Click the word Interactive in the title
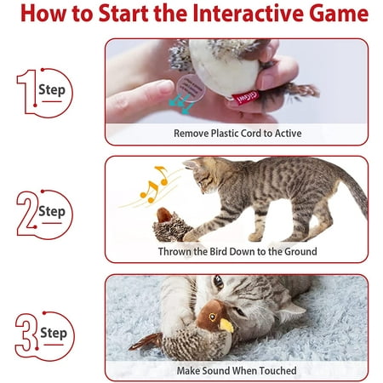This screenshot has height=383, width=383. coord(247,13)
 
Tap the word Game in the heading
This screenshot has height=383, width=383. coord(339,13)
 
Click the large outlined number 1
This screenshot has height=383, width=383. coord(28,91)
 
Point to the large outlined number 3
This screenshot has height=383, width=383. coord(26,333)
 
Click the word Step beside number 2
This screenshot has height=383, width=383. coord(52,212)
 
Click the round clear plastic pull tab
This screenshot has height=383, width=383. coord(191,88)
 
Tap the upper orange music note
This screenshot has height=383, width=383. coord(162,175)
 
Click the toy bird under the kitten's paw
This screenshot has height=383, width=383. coord(172,225)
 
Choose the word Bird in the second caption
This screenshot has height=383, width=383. coord(219,251)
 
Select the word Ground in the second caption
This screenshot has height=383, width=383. coord(300,251)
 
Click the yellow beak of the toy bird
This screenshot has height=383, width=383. coord(226,325)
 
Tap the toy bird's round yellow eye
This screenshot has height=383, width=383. coord(212,317)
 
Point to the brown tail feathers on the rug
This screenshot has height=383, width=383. coord(146,341)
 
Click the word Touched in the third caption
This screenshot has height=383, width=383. coord(278,370)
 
